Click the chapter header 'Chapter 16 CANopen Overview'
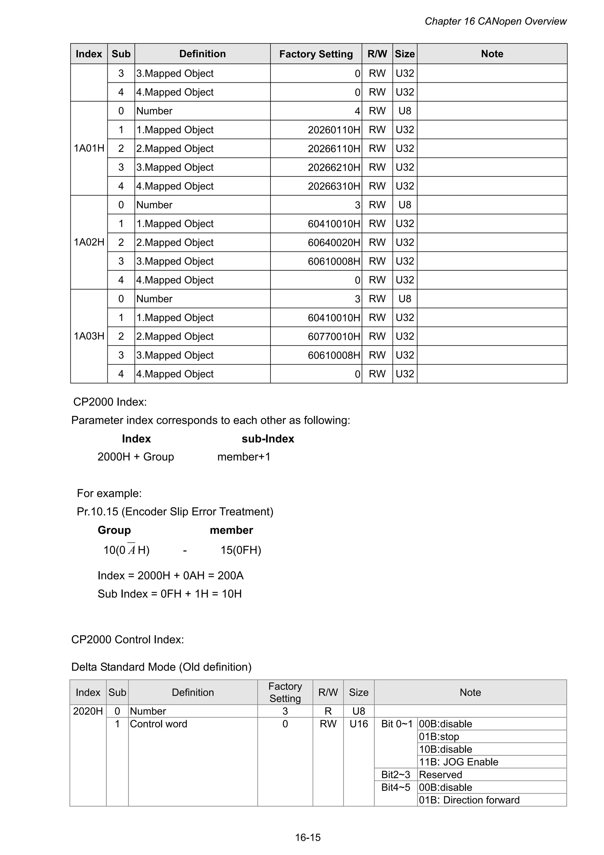(495, 21)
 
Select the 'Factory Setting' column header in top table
(316, 54)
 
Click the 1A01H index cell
(89, 148)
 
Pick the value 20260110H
(334, 130)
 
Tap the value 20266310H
(334, 186)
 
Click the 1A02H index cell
(89, 242)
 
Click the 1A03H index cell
(89, 336)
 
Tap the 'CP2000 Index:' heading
(110, 402)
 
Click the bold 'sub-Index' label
(267, 439)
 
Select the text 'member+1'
(244, 457)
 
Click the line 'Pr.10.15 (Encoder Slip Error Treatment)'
(175, 512)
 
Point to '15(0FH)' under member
(241, 550)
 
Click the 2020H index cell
(88, 711)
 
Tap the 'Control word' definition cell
(159, 724)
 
